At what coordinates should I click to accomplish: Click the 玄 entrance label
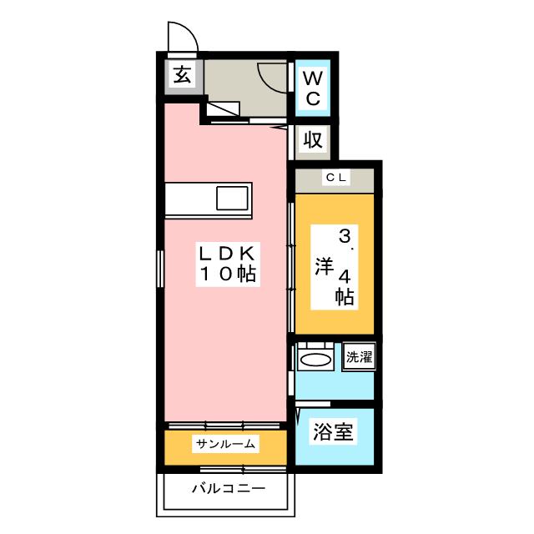[182, 75]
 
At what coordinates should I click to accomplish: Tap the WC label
[313, 88]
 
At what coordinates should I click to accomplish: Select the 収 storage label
[313, 139]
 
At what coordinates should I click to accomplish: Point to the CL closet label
[336, 177]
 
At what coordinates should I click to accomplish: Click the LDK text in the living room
[227, 254]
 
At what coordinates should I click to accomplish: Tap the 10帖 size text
[228, 274]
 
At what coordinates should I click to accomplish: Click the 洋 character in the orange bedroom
[324, 266]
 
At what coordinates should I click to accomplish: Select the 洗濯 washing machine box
[359, 356]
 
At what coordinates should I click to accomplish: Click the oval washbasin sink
[315, 360]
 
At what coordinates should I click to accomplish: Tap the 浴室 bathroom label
[333, 431]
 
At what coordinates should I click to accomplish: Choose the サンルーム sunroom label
[225, 444]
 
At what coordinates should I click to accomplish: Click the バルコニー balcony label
[229, 489]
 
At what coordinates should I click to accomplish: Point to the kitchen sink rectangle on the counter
[232, 199]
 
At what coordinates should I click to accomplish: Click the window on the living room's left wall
[160, 269]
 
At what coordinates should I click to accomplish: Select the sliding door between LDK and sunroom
[224, 426]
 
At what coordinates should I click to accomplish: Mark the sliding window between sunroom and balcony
[243, 470]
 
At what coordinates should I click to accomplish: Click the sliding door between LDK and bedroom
[291, 267]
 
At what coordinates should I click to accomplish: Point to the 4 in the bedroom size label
[344, 277]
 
